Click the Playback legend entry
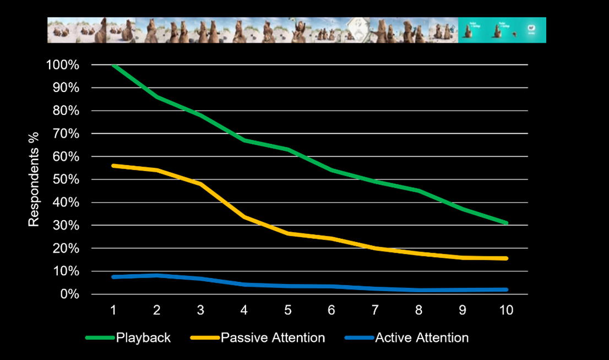point(143,338)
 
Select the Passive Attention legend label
point(273,338)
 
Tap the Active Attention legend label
point(422,338)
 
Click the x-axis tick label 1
point(113,310)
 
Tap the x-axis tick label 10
point(506,310)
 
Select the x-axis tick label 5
point(288,310)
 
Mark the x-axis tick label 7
point(375,310)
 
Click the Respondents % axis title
point(34,179)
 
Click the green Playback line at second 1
point(113,65)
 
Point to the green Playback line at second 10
point(506,223)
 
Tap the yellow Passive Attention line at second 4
point(244,217)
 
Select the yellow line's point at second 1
point(113,166)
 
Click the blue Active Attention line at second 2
point(157,275)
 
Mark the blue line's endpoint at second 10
point(506,290)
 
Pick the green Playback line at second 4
point(244,140)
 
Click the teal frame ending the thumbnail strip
point(502,30)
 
